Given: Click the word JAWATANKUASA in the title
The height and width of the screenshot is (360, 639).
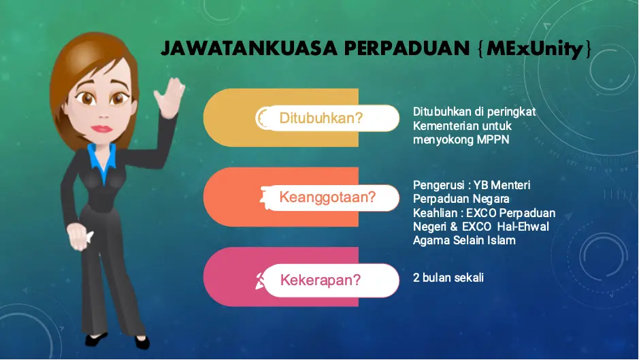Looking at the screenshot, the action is pyautogui.click(x=249, y=48).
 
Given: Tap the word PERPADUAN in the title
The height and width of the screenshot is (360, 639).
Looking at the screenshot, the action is pyautogui.click(x=407, y=48).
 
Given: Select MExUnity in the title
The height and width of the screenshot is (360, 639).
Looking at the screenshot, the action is pyautogui.click(x=534, y=49).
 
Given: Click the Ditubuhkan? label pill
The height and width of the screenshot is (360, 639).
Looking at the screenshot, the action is pyautogui.click(x=328, y=118).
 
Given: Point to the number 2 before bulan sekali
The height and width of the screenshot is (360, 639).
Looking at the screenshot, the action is pyautogui.click(x=416, y=278).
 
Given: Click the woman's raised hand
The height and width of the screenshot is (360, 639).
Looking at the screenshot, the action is pyautogui.click(x=169, y=97).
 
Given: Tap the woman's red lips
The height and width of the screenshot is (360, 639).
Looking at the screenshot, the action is pyautogui.click(x=102, y=129).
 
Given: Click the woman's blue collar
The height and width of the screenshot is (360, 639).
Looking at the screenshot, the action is pyautogui.click(x=102, y=160).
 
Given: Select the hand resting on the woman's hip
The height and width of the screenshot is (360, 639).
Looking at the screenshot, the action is pyautogui.click(x=80, y=236).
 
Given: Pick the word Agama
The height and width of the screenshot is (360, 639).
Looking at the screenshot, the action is pyautogui.click(x=431, y=241).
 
